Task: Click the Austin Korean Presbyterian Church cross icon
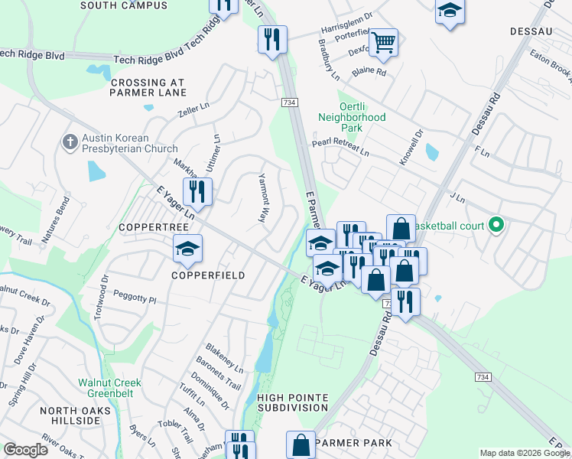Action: tap(70, 142)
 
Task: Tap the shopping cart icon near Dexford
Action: tap(384, 41)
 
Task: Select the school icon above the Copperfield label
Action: tap(187, 249)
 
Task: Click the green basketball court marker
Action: tap(496, 226)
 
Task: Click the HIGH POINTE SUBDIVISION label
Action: tap(293, 403)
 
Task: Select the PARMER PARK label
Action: tap(353, 443)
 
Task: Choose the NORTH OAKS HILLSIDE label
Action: tap(76, 416)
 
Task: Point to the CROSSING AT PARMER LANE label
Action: tap(148, 87)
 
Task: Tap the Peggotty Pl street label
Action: tap(135, 301)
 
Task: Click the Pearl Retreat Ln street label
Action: tap(340, 148)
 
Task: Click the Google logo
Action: tap(25, 450)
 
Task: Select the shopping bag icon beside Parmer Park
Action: tap(301, 444)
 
